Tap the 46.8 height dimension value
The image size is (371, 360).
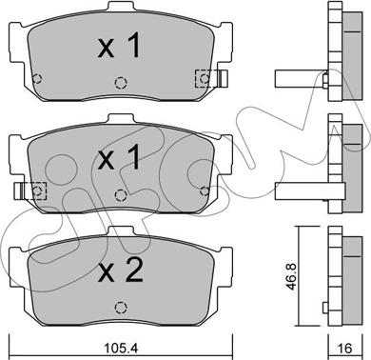[x=291, y=276]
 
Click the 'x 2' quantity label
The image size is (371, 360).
[x=121, y=270]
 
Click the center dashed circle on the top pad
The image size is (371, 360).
[x=121, y=83]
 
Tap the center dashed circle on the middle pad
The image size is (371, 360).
[x=121, y=195]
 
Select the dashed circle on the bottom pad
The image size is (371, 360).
[x=121, y=308]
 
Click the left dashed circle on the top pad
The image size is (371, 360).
[x=37, y=78]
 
